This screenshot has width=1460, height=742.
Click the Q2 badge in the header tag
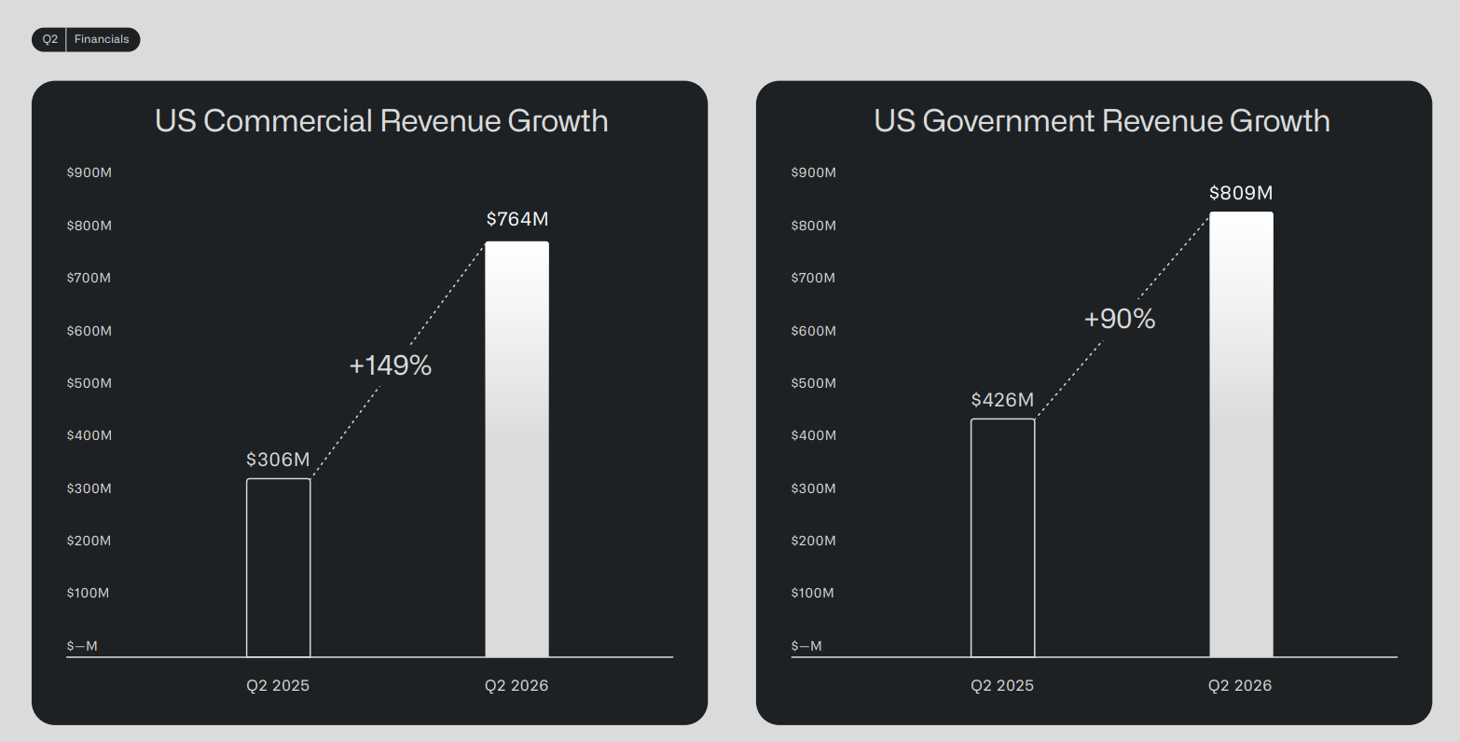(x=49, y=39)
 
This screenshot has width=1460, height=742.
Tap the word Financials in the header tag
(x=102, y=39)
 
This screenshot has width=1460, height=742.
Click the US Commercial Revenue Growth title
(x=381, y=121)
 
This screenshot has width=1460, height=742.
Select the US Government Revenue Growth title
(x=1101, y=121)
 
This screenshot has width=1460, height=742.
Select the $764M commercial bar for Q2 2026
(x=517, y=449)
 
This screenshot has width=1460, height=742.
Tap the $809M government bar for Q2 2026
(x=1241, y=433)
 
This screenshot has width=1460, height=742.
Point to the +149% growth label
(x=391, y=365)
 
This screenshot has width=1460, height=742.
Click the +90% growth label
(x=1119, y=319)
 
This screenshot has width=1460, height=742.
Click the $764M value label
(x=517, y=220)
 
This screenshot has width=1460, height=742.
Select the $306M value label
(x=279, y=460)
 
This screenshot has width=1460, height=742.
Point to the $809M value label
(x=1241, y=193)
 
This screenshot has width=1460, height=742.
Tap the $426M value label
(x=1002, y=400)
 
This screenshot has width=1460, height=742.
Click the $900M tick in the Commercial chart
(x=90, y=172)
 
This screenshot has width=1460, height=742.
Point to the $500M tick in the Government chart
(x=813, y=383)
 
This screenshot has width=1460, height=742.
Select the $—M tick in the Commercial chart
(x=82, y=646)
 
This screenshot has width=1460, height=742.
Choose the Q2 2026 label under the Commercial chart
(x=517, y=686)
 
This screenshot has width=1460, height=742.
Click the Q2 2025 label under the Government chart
(x=1002, y=686)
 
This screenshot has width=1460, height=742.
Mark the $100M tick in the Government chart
(x=812, y=594)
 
